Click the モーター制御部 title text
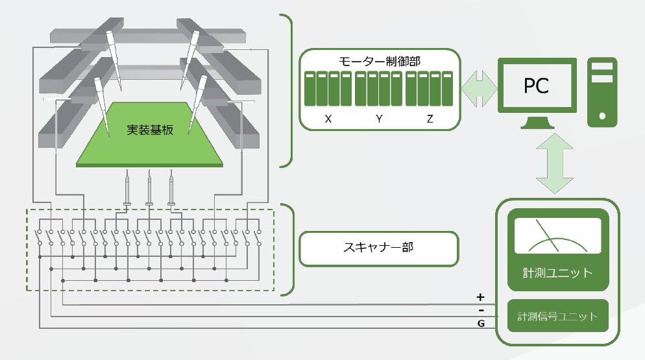point(380,62)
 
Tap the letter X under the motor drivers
point(328,119)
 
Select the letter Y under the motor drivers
point(379,119)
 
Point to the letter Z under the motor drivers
point(430,119)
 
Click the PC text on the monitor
point(536,86)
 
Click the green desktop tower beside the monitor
point(602,92)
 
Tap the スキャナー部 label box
point(379,247)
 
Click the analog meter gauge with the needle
point(557,235)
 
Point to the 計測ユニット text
point(557,272)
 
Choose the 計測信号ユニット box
point(557,317)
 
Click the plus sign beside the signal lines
point(480,297)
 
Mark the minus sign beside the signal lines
point(480,309)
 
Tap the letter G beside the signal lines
point(481,322)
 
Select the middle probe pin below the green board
point(150,189)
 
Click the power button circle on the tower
point(603,116)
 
